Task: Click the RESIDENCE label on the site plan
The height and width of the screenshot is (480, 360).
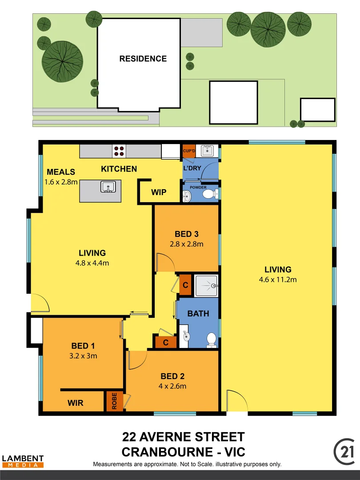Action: [143, 59]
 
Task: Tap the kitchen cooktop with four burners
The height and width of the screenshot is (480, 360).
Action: [119, 151]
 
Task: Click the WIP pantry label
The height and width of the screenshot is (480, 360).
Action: [159, 192]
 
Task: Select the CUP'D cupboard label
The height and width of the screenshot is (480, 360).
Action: [189, 151]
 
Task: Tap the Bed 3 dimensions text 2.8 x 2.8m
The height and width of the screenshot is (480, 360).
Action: [187, 244]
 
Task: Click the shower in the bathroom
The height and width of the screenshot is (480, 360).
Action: [206, 285]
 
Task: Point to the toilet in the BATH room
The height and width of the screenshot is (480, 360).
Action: [212, 340]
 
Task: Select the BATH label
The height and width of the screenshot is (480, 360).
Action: [198, 313]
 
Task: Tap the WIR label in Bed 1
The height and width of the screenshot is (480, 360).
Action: [76, 403]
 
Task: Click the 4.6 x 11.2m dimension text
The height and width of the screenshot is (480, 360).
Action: [278, 280]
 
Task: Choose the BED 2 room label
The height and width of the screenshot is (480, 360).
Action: [172, 376]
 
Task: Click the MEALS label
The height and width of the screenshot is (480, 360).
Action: [61, 172]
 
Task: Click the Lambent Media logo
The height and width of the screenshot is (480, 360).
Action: [23, 461]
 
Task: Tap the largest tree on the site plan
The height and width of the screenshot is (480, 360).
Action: [62, 61]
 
